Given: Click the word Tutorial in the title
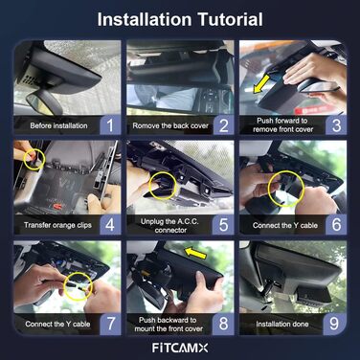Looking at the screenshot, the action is (x=230, y=19).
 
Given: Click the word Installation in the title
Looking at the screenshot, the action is (x=145, y=19).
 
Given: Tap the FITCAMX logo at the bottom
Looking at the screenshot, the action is (x=180, y=348).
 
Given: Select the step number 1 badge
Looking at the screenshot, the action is (x=110, y=124).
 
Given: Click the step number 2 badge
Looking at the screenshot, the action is (x=224, y=124).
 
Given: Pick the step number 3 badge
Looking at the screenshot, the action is (x=336, y=124).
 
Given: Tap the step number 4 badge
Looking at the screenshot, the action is (x=110, y=224).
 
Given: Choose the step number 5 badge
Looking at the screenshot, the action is (x=224, y=224).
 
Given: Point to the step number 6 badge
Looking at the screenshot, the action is (x=336, y=224).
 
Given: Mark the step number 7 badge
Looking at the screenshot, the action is (x=110, y=324).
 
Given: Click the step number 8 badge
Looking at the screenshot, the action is (x=224, y=324).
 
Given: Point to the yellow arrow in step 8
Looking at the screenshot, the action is (x=195, y=253).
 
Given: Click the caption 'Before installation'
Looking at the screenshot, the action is (x=58, y=125).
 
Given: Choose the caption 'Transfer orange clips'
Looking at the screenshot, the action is (x=57, y=225).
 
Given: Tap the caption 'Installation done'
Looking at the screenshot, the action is (x=282, y=325).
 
